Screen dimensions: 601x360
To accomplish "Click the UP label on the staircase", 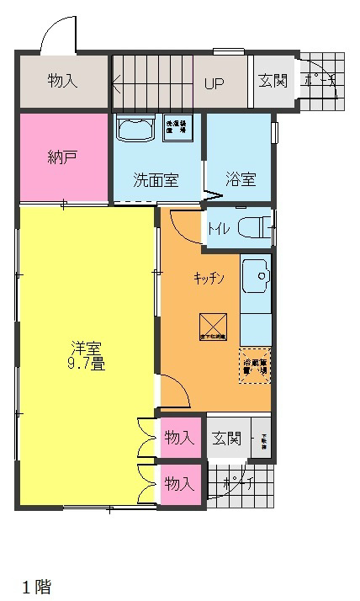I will (x=214, y=83).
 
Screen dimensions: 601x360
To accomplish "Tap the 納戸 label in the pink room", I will (x=63, y=157).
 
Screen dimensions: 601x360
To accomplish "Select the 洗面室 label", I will (x=156, y=180).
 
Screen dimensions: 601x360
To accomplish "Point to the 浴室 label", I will (x=241, y=179).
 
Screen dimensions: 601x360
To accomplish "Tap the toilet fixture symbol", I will (x=253, y=227).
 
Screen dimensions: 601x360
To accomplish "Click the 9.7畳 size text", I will (x=87, y=364).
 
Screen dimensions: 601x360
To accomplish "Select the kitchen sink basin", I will (x=255, y=275).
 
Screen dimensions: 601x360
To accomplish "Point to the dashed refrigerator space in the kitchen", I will (x=256, y=365).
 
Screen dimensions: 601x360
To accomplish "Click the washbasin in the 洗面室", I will (x=135, y=130).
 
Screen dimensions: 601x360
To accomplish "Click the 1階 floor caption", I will (x=37, y=587).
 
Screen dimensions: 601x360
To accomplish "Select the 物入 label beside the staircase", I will (x=63, y=82).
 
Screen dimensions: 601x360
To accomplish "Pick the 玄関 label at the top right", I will (x=273, y=82).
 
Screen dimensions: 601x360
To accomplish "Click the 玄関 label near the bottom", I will (x=226, y=439).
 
